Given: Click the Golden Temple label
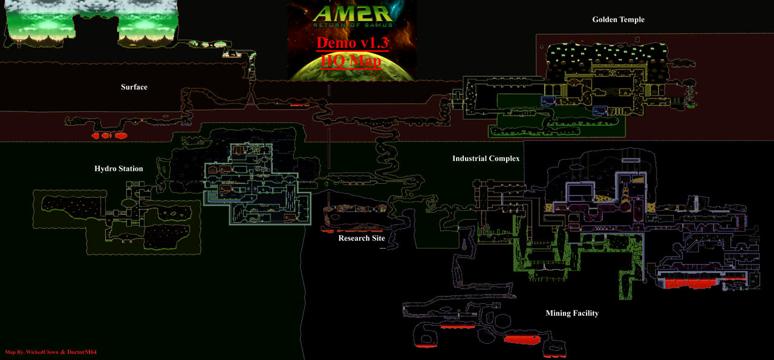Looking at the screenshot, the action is tap(618, 20).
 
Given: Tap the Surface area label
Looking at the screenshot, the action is tap(134, 87).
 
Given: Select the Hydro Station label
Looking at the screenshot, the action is tap(119, 168).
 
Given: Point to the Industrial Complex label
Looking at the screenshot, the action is tap(486, 159).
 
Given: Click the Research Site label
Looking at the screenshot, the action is tap(362, 238).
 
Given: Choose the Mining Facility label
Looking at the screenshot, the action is tap(572, 313).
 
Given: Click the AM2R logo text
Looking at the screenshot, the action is tap(353, 14).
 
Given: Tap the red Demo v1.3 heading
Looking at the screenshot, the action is tap(353, 43).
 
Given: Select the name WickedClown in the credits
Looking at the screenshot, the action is tap(42, 352).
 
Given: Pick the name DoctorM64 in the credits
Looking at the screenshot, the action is tap(82, 352).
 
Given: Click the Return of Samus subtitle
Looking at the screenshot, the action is tap(353, 25).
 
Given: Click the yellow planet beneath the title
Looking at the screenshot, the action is tap(352, 67).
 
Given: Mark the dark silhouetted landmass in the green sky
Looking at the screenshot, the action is tap(91, 33).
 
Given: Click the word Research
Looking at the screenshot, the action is tap(353, 238).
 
